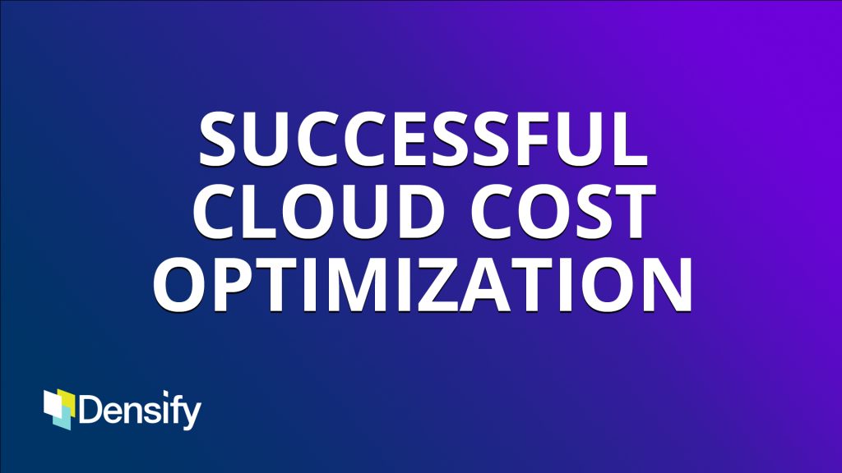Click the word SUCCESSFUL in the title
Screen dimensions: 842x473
tap(423, 139)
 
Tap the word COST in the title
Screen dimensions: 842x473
tap(564, 211)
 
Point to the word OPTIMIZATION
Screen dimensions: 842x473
tap(423, 284)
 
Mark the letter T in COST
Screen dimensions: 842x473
tap(636, 211)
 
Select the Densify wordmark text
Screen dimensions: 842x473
tap(140, 411)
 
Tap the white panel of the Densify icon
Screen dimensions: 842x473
tap(53, 404)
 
